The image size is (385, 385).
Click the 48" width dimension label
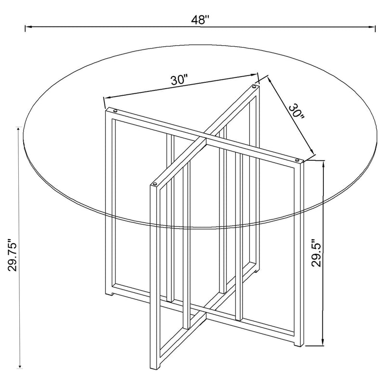pos(200,20)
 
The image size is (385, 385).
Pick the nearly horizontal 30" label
pos(180,80)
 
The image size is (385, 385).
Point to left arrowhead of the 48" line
pos(28,26)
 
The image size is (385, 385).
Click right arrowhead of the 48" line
pos(372,27)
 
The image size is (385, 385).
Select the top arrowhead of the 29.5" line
pos(323,165)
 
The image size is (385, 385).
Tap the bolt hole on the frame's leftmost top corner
pos(115,111)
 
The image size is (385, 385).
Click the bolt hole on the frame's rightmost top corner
pos(297,160)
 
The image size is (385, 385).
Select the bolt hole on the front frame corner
pos(155,183)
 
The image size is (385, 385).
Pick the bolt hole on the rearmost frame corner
pos(254,86)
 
